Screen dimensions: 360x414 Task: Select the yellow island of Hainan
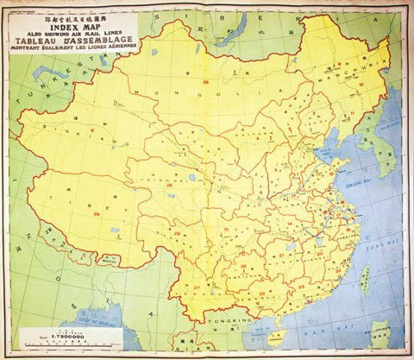click(x=279, y=334)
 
